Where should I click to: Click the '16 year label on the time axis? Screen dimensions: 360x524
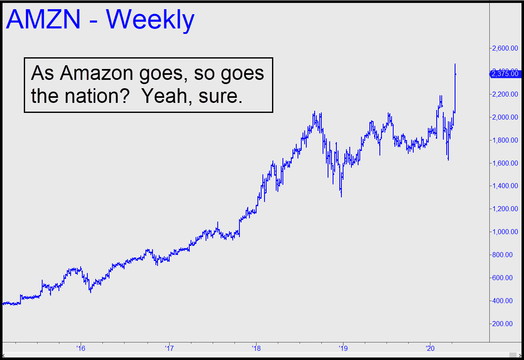tap(81, 348)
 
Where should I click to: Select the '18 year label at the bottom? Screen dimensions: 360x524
tap(256, 348)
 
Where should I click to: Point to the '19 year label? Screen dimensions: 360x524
tap(343, 348)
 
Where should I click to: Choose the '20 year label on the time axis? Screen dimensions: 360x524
tap(430, 348)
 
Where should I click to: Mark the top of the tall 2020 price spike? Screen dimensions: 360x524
tap(455, 64)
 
